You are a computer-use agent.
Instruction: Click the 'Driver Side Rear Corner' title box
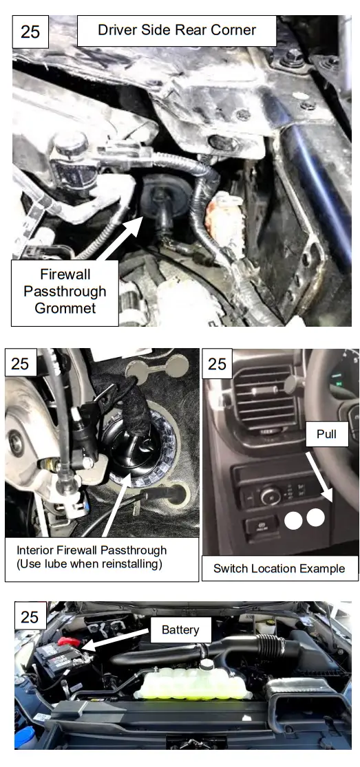pos(176,30)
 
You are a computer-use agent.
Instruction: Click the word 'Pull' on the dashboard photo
pos(326,433)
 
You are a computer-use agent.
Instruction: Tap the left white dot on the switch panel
pos(293,520)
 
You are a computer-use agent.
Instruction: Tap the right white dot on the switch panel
pos(315,517)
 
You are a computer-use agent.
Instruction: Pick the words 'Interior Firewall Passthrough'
pos(92,550)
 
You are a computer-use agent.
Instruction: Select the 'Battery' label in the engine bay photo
pos(180,629)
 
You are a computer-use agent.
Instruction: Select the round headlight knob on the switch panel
pos(269,494)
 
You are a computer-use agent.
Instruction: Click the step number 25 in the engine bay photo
pos(30,616)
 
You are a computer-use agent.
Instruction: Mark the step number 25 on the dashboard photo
pos(217,364)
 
